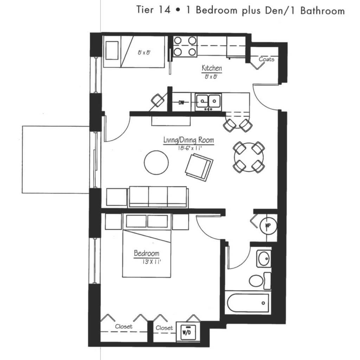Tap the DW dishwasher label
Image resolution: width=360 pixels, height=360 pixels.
coord(181,103)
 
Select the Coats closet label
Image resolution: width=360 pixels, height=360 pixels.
coord(266,59)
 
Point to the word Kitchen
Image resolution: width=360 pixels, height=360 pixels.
coord(212,68)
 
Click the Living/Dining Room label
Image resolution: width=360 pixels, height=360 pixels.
coord(188,140)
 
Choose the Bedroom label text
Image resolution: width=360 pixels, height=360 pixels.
coord(147,253)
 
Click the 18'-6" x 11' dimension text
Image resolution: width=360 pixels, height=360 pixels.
coord(189,148)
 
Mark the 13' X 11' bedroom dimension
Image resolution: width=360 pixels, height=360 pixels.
coord(152,262)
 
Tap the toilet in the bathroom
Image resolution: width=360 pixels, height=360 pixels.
coord(260,281)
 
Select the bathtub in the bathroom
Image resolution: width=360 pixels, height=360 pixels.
coord(248,303)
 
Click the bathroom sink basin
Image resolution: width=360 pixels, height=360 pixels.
coord(264,259)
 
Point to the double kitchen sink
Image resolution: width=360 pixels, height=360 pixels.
coord(208,101)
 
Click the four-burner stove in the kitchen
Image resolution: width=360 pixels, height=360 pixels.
coord(185,47)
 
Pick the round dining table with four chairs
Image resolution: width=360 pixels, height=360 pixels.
coord(249,157)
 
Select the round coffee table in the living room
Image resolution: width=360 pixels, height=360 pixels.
coord(156,162)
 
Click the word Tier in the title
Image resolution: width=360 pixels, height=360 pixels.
coord(145,9)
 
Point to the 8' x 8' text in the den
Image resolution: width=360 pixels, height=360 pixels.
coord(144,53)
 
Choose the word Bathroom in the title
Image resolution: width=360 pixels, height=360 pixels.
coord(323,11)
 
